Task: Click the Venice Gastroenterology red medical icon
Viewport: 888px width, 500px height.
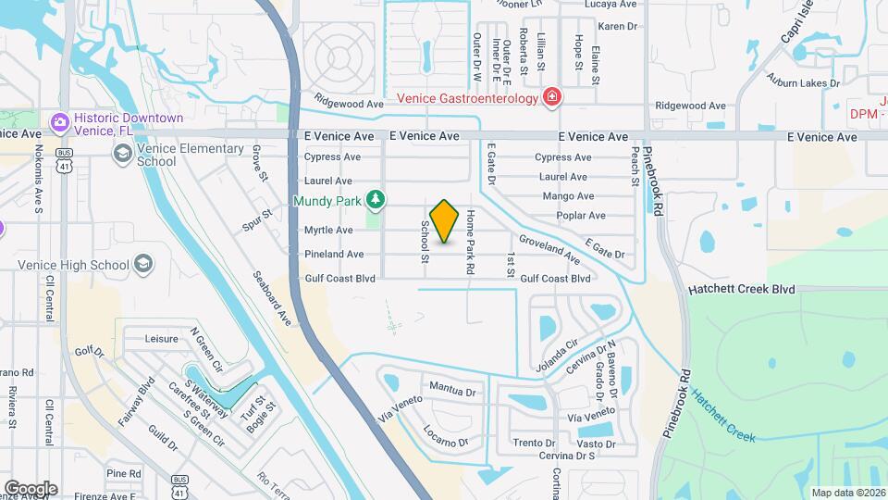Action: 552,97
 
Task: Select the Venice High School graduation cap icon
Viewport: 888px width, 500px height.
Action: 142,266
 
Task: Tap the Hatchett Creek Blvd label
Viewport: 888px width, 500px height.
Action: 742,289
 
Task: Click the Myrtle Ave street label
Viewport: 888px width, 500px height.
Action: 328,230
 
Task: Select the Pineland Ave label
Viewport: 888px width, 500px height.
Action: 334,254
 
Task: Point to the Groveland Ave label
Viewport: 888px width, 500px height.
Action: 549,248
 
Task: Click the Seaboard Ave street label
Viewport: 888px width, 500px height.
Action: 272,298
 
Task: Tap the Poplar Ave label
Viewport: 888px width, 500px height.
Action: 581,216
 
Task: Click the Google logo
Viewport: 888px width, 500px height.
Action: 31,488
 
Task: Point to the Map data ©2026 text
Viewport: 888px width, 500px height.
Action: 848,493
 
